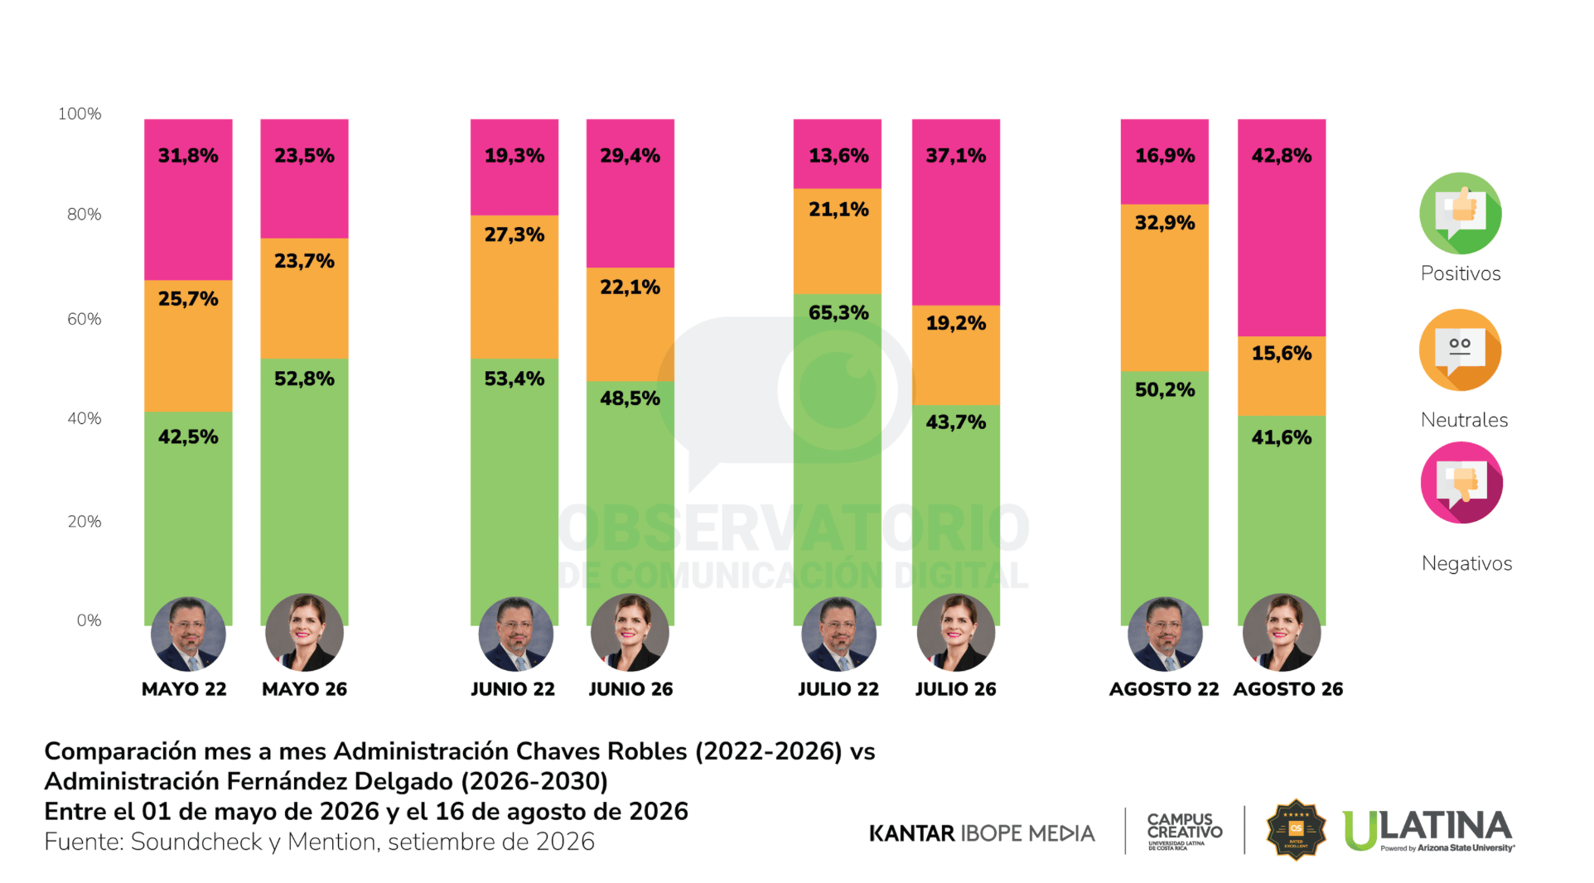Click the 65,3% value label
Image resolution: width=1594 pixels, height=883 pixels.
(x=838, y=313)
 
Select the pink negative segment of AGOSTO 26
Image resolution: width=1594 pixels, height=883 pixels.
(x=1281, y=228)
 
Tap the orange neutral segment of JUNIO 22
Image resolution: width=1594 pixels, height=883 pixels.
(x=514, y=287)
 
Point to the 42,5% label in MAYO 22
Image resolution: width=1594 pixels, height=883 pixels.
(x=188, y=437)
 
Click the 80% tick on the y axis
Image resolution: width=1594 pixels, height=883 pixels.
(x=85, y=215)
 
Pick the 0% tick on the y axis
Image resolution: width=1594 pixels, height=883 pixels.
(x=89, y=620)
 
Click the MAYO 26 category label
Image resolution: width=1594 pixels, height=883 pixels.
(x=304, y=689)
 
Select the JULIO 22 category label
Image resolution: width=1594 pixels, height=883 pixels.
(x=838, y=689)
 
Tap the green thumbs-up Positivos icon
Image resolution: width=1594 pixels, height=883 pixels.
(x=1460, y=213)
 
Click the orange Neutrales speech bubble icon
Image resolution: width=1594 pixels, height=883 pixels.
(x=1460, y=350)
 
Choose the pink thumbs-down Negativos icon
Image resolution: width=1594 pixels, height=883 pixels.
(x=1461, y=483)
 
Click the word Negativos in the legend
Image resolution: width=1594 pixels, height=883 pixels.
(x=1466, y=563)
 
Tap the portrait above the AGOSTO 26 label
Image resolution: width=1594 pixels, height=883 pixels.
(x=1282, y=633)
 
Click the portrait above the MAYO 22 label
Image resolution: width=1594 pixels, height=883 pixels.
(x=188, y=635)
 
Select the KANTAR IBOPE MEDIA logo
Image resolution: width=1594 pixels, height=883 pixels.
(x=982, y=832)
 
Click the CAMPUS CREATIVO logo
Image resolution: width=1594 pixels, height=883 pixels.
(x=1185, y=831)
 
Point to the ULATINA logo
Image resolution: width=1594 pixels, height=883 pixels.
(x=1429, y=830)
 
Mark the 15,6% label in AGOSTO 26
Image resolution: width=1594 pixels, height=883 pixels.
(x=1281, y=354)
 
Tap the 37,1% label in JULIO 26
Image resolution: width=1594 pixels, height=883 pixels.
(x=955, y=156)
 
